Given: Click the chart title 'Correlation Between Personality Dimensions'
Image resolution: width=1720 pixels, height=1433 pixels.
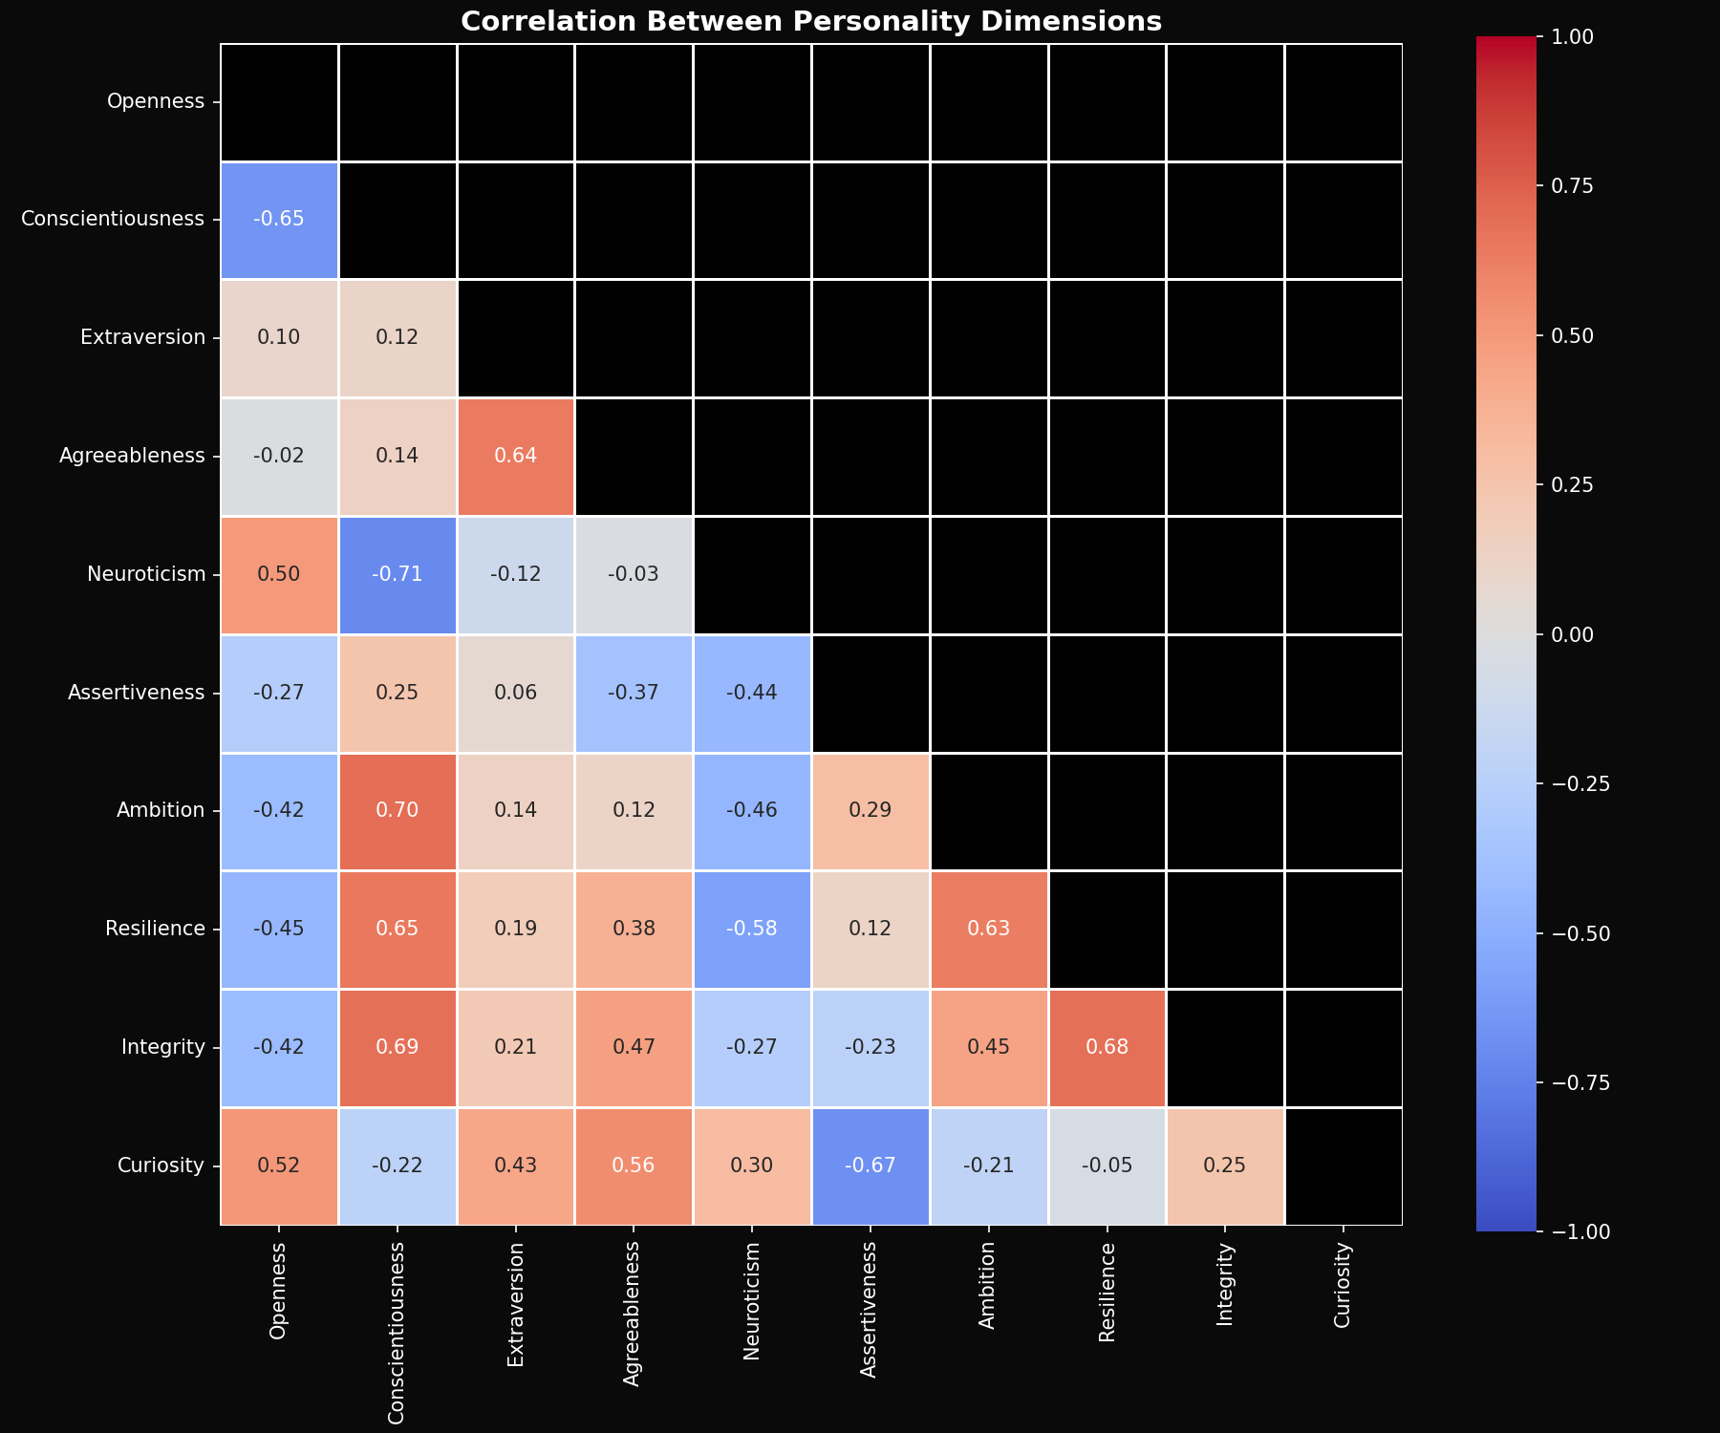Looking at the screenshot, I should pyautogui.click(x=810, y=21).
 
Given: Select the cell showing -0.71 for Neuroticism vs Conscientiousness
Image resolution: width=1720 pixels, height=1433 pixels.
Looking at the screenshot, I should pyautogui.click(x=398, y=575).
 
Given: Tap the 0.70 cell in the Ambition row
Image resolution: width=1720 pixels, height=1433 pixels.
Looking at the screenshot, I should pyautogui.click(x=398, y=811).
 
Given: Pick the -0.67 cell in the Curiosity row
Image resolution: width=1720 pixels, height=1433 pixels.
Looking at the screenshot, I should pyautogui.click(x=871, y=1166).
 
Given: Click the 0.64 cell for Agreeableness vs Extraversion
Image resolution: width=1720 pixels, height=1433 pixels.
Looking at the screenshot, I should pyautogui.click(x=516, y=457).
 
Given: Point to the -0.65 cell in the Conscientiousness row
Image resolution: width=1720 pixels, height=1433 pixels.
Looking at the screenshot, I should pyautogui.click(x=279, y=220).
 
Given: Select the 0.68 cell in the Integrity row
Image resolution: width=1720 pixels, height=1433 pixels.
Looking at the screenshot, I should pyautogui.click(x=1107, y=1048).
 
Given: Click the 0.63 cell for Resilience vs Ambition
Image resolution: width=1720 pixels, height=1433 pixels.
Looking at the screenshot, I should pyautogui.click(x=988, y=930).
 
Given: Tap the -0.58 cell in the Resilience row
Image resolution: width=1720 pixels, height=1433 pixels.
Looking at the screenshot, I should pyautogui.click(x=752, y=930).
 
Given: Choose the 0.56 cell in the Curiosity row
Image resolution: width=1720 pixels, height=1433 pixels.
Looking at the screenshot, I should pyautogui.click(x=634, y=1166).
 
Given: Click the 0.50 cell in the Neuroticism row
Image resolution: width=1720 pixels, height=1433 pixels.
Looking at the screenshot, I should pyautogui.click(x=279, y=575).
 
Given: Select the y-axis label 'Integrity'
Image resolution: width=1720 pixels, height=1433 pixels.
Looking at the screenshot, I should pyautogui.click(x=163, y=1048).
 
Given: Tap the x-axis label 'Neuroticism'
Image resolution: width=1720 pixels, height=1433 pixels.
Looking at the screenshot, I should pyautogui.click(x=752, y=1299).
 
